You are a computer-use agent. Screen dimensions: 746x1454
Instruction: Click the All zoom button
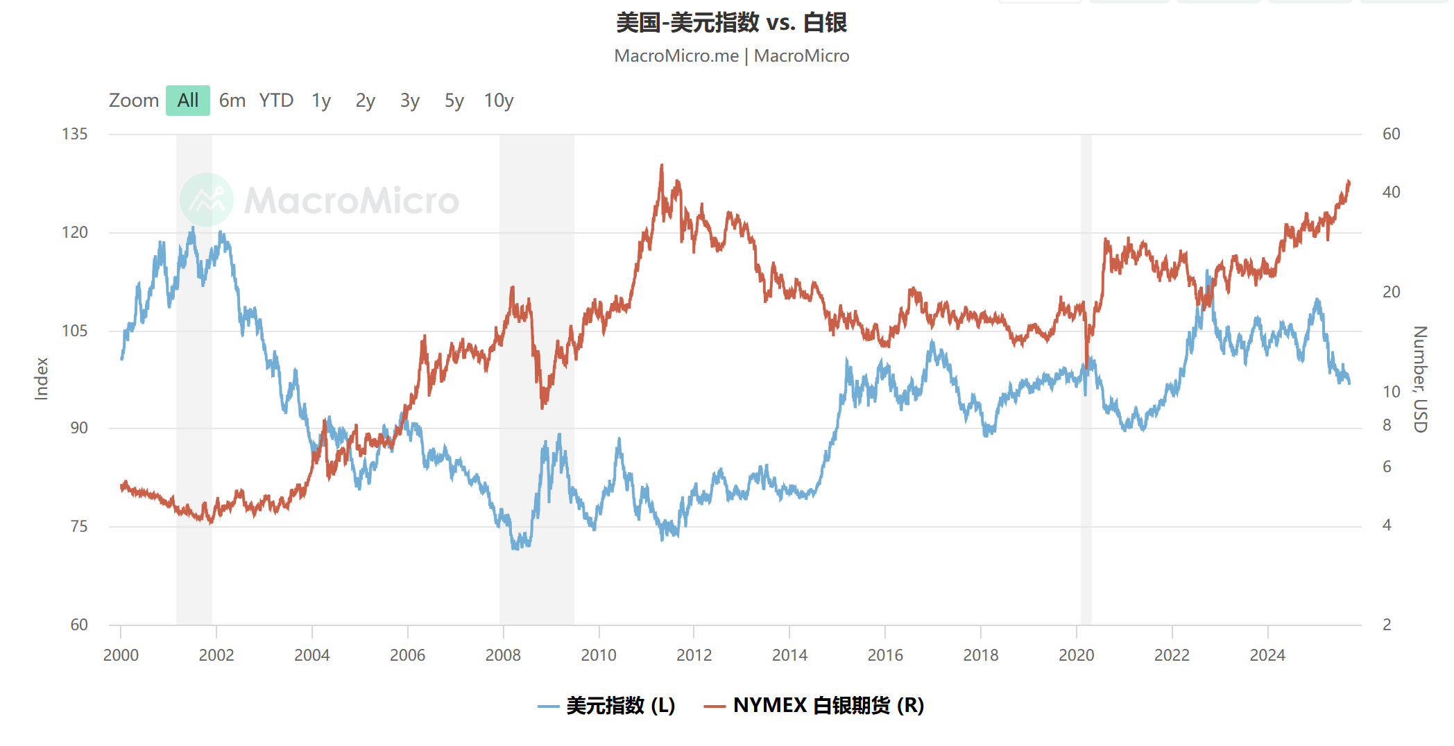[187, 101]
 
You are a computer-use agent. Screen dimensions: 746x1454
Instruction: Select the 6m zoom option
[232, 101]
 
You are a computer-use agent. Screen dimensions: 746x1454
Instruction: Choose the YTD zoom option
[276, 101]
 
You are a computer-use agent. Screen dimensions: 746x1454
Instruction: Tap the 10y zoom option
[498, 101]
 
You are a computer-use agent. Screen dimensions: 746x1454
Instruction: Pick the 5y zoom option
[454, 101]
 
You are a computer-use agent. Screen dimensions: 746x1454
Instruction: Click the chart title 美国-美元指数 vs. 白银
[731, 23]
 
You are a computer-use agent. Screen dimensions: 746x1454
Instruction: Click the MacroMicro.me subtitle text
[676, 56]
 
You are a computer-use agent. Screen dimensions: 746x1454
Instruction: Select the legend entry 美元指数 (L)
[607, 706]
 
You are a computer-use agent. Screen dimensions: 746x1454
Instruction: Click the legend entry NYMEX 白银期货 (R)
[814, 706]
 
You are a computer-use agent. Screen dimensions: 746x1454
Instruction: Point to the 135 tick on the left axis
[75, 134]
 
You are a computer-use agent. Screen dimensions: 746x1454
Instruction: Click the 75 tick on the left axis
[79, 526]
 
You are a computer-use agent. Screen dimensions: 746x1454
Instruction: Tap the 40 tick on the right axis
[1391, 192]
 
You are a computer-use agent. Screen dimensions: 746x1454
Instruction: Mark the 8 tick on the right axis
[1387, 425]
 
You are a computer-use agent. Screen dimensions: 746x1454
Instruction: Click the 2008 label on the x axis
[503, 655]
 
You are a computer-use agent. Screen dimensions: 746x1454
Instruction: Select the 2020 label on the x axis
[1076, 655]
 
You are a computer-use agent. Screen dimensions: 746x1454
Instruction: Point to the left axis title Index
[42, 379]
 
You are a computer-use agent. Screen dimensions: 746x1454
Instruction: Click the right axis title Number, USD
[1420, 379]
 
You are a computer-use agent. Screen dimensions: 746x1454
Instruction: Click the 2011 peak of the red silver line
[662, 166]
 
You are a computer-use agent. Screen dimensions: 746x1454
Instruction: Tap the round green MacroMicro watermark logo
[206, 200]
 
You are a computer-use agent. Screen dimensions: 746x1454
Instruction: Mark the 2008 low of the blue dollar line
[515, 548]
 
